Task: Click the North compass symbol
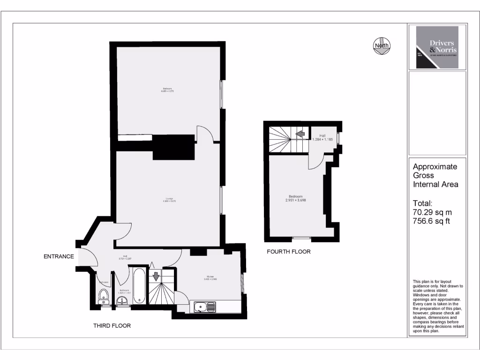pos(382,45)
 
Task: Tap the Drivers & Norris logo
pos(437,47)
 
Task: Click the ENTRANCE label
pos(59,256)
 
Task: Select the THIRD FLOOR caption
pos(112,325)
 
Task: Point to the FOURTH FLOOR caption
pos(288,252)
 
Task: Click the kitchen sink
pos(204,307)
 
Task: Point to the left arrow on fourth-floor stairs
pos(299,135)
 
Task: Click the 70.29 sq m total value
pos(432,212)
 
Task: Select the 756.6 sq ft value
pos(431,221)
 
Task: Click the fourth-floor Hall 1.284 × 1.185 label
pos(322,137)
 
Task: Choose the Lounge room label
pos(169,200)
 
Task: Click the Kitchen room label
pos(210,277)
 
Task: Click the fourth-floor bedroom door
pos(315,162)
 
